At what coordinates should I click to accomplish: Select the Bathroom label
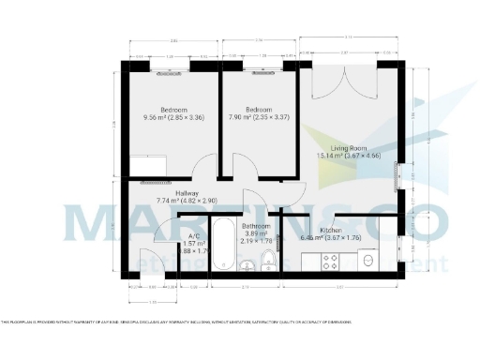pos(256,226)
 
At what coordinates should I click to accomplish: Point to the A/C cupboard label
pos(194,236)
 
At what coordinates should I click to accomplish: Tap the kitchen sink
pos(367,261)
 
